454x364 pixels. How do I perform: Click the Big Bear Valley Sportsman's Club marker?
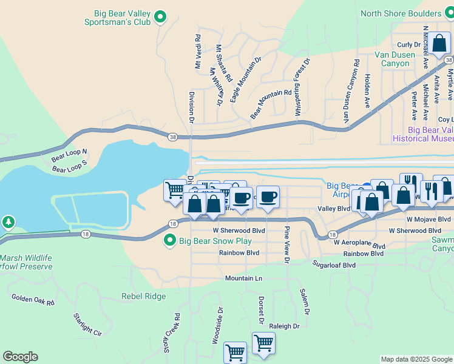(160, 18)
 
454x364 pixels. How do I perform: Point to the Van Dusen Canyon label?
(395, 59)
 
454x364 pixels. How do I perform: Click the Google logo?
(20, 357)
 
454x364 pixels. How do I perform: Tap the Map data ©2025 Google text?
(416, 359)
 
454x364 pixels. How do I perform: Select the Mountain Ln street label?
(243, 278)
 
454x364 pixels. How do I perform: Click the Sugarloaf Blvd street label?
(333, 265)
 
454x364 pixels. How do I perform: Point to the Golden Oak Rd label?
(33, 299)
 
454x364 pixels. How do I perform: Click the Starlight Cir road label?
(87, 324)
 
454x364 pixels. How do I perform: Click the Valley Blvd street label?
(334, 208)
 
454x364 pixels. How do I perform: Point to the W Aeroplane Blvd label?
(359, 244)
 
